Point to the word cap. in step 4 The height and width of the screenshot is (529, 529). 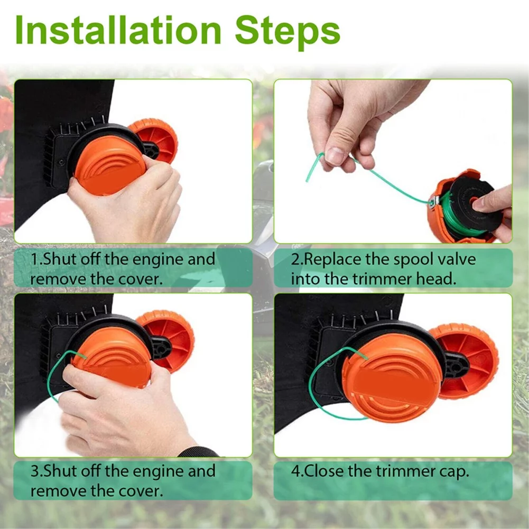point(451,471)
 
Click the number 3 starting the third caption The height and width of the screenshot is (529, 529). point(33,471)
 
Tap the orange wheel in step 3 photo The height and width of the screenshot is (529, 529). point(169,338)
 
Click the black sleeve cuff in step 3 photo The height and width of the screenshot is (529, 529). point(198,452)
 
